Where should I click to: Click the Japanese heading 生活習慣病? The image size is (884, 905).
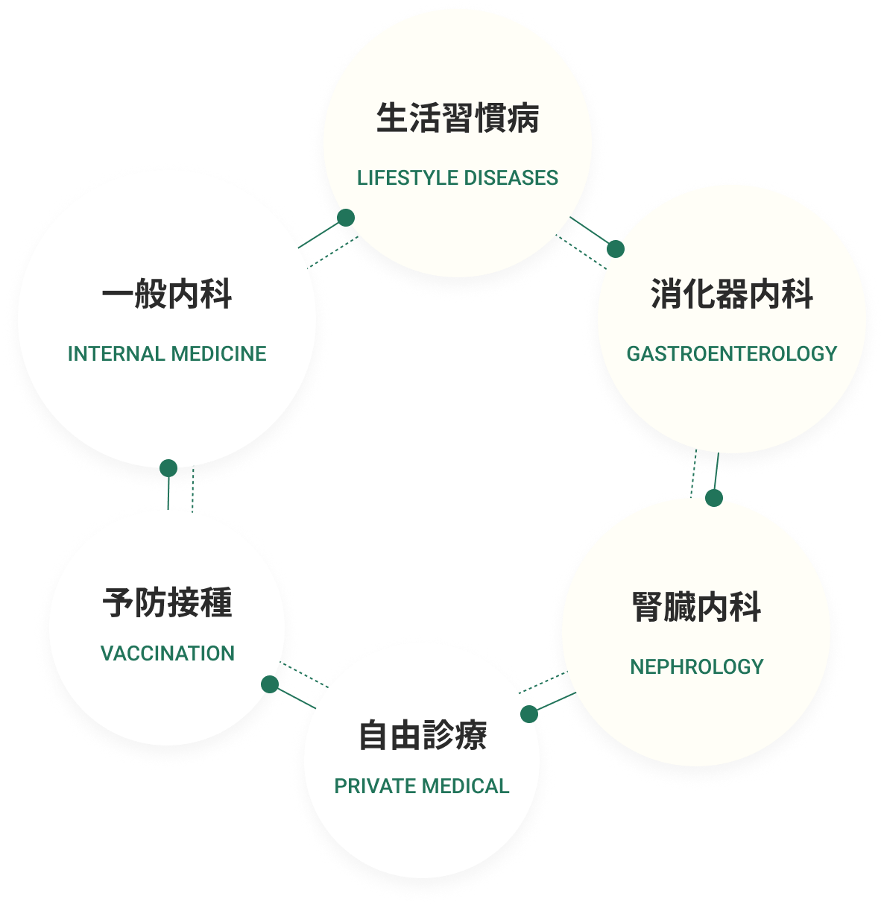(x=457, y=119)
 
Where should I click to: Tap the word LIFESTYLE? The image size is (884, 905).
(x=407, y=178)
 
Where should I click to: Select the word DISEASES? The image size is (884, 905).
(x=511, y=178)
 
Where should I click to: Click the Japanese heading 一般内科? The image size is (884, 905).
(x=167, y=294)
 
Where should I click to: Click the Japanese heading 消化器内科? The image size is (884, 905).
(x=731, y=294)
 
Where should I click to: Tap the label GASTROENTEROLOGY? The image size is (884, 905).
(x=731, y=353)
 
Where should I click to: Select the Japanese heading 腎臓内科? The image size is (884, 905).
(x=696, y=607)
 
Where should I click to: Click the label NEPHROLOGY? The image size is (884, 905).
(x=696, y=666)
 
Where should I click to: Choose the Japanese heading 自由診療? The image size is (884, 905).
(x=423, y=736)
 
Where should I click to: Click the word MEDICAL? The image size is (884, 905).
(x=465, y=786)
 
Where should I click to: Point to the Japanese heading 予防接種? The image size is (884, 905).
(x=167, y=602)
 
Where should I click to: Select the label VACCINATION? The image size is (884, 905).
(x=167, y=654)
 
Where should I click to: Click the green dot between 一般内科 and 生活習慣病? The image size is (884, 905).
(x=345, y=218)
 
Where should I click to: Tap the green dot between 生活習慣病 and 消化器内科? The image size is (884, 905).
(x=615, y=248)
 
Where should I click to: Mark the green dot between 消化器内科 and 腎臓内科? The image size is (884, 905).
(x=714, y=497)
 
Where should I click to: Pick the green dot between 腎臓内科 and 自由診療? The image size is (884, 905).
(x=529, y=714)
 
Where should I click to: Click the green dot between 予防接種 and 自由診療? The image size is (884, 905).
(x=270, y=684)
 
